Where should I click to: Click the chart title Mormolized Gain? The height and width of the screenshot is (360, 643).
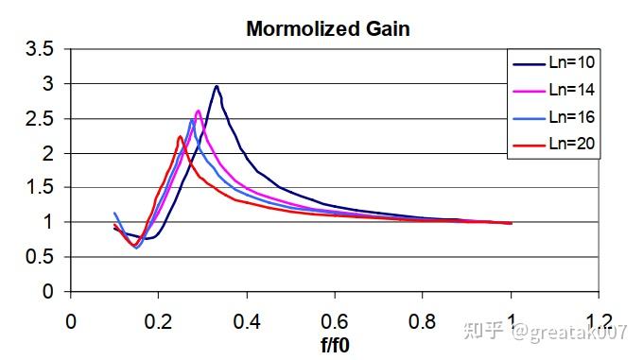(x=327, y=28)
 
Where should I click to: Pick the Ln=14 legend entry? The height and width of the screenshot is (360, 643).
(x=571, y=90)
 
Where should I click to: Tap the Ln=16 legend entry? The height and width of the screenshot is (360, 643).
(x=571, y=117)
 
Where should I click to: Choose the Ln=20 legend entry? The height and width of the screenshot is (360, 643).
(x=571, y=145)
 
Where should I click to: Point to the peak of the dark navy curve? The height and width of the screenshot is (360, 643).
(x=217, y=86)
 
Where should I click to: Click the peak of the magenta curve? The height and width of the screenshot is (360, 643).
(x=198, y=111)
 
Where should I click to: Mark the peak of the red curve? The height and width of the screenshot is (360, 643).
(x=180, y=137)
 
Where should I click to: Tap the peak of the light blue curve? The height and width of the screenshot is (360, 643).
(x=191, y=120)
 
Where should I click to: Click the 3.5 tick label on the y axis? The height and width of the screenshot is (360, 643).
(x=40, y=50)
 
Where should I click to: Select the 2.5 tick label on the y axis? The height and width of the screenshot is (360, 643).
(x=40, y=119)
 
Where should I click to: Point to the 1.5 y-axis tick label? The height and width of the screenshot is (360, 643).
(x=40, y=188)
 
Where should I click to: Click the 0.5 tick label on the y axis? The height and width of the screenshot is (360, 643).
(x=40, y=257)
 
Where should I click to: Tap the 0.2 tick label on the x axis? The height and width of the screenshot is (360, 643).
(x=158, y=320)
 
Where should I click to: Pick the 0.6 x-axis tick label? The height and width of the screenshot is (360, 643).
(x=335, y=320)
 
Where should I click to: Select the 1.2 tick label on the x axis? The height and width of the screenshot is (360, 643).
(x=600, y=320)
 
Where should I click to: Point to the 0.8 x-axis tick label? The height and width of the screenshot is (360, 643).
(x=423, y=320)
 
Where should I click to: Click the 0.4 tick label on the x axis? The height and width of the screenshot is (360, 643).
(x=247, y=320)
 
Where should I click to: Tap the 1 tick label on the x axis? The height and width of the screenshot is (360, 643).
(x=512, y=320)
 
